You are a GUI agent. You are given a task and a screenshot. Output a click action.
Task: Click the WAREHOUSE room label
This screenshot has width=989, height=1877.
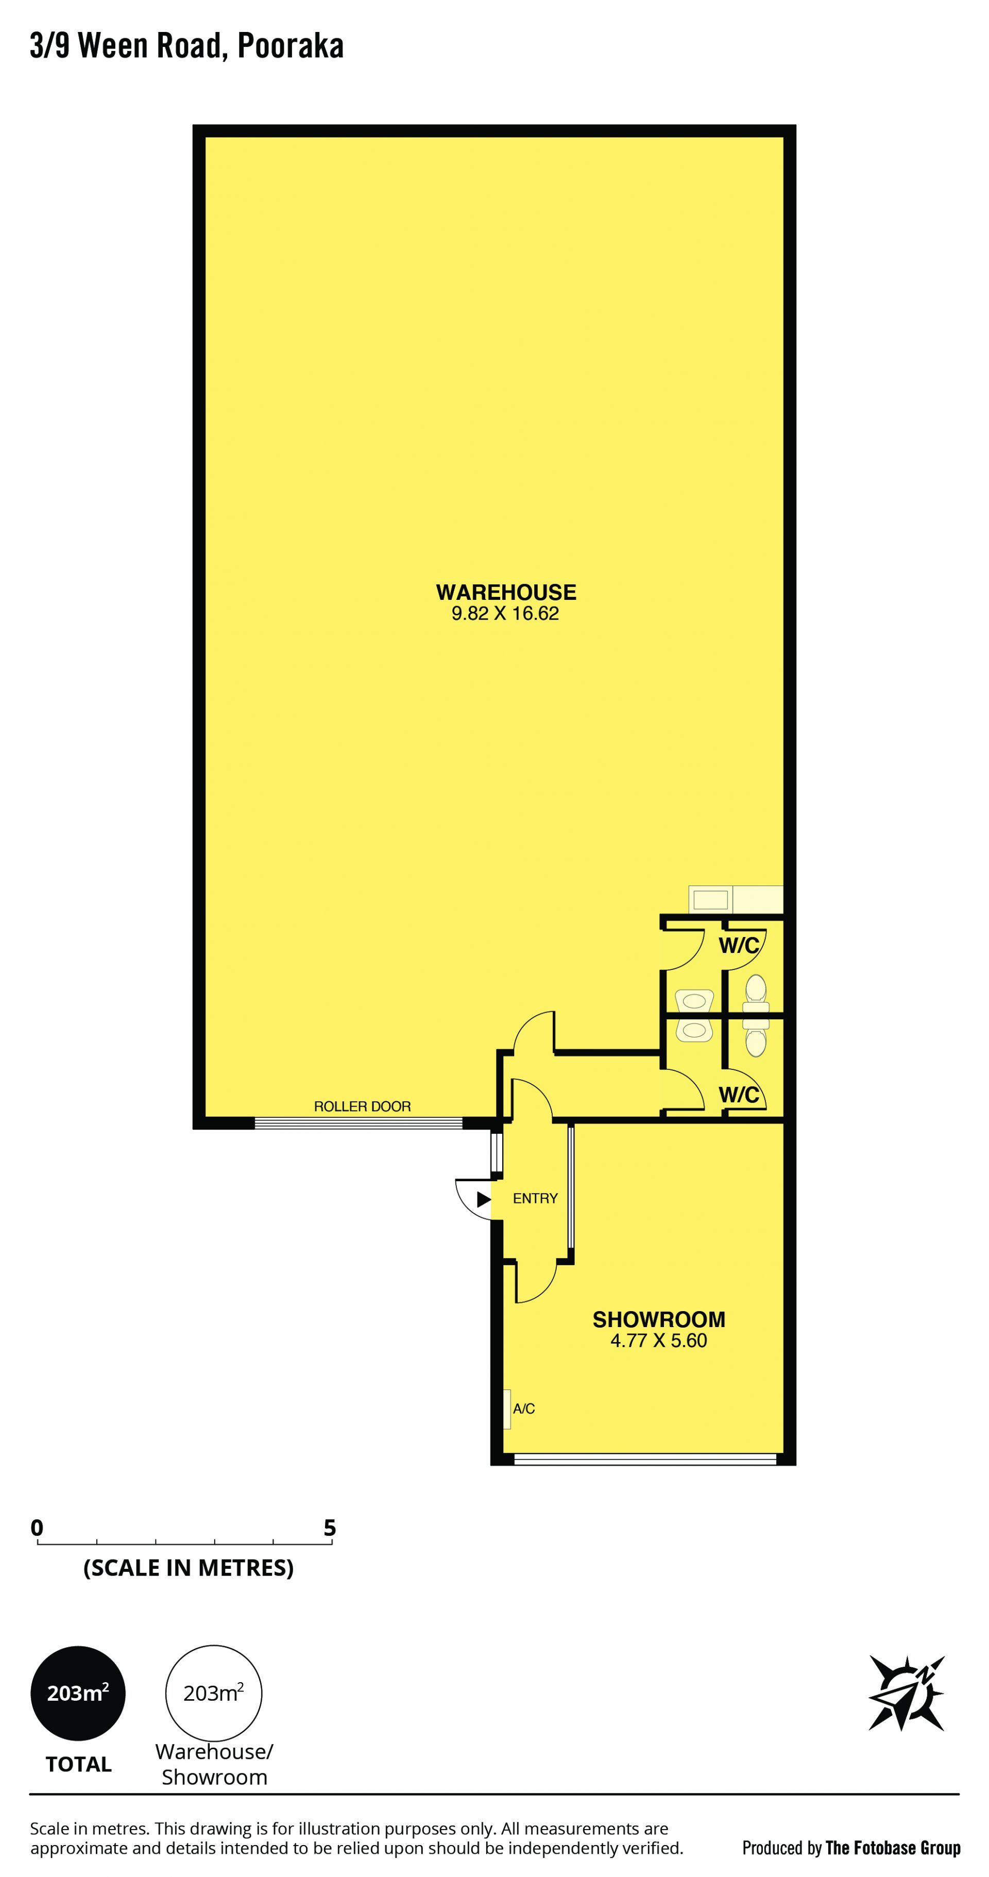[506, 592]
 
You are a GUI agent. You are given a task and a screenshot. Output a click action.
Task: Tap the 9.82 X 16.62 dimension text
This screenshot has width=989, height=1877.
[505, 613]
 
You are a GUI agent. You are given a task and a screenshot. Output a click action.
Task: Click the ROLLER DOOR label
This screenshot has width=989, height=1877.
[363, 1106]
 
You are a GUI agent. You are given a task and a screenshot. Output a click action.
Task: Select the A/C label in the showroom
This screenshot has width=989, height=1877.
[524, 1409]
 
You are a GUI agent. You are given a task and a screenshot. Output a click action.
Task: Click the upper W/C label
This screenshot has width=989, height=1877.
[739, 946]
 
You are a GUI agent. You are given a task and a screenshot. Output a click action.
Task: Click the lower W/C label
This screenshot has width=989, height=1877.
[739, 1095]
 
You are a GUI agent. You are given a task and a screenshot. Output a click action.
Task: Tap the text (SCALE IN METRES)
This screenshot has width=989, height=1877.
[189, 1567]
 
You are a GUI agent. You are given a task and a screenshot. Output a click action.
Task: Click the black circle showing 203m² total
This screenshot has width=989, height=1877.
[78, 1692]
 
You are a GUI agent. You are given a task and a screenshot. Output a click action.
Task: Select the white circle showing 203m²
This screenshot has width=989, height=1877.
[213, 1692]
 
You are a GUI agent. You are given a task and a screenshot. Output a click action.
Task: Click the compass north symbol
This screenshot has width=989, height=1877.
[907, 1692]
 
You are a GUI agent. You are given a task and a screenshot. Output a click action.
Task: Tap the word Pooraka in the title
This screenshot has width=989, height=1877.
[291, 46]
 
